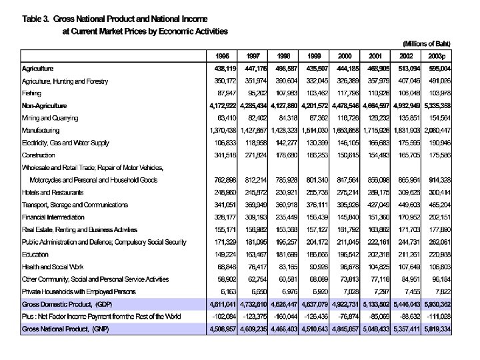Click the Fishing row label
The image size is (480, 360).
(33, 93)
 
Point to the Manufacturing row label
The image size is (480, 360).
(41, 130)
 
